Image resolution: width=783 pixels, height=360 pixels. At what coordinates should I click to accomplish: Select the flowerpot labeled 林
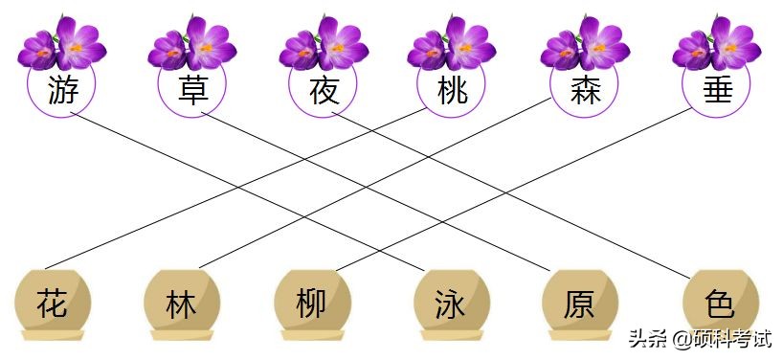tap(181, 304)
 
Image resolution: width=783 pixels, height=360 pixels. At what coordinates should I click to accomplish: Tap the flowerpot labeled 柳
tap(311, 304)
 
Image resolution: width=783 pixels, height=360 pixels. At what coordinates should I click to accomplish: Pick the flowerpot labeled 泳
tap(450, 304)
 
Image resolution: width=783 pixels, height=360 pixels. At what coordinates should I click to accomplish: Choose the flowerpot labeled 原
tap(579, 304)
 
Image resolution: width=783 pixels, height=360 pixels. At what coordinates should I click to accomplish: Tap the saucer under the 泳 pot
tap(450, 335)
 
